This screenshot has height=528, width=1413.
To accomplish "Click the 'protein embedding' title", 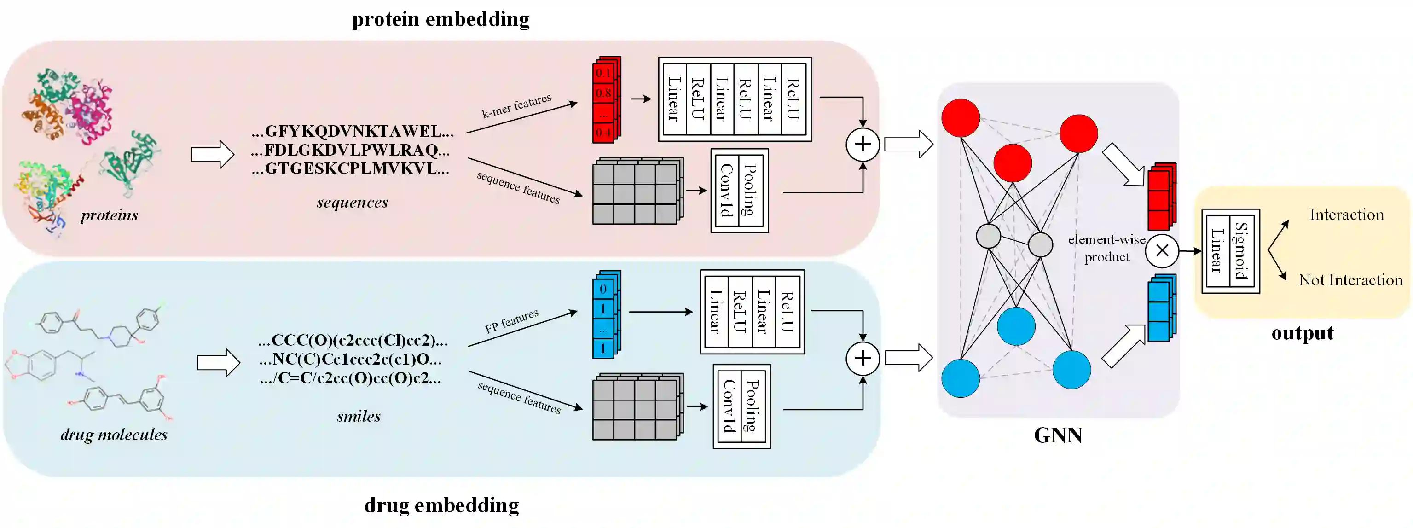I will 440,19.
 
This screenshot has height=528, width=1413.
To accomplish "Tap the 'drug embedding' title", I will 441,505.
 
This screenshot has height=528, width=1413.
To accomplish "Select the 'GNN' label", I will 1058,435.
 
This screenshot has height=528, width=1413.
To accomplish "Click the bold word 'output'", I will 1302,333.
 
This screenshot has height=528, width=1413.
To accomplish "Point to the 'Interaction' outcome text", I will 1346,215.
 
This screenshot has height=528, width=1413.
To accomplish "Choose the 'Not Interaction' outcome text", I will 1350,280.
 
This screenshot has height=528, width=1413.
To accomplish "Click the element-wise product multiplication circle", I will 1162,251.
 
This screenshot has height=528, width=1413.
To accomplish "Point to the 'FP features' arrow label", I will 511,321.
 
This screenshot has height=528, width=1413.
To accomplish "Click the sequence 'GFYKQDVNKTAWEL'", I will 353,131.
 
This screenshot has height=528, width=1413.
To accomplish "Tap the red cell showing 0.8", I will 603,93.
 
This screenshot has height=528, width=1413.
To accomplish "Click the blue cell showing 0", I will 603,289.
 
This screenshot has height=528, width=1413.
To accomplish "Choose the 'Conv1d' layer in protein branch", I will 727,191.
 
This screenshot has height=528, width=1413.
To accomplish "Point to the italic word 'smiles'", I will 359,416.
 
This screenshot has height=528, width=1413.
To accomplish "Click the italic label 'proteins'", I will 109,215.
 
